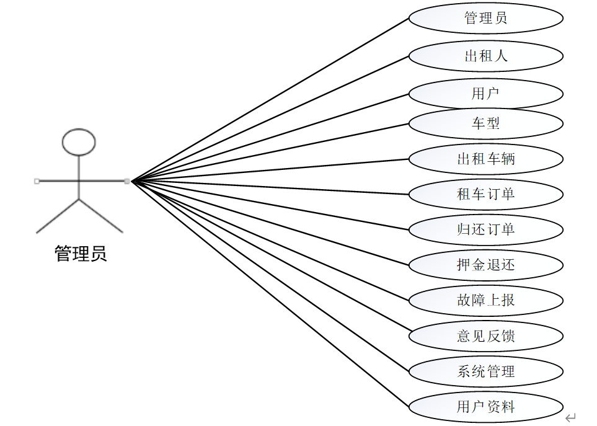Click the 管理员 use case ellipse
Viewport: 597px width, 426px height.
click(x=486, y=18)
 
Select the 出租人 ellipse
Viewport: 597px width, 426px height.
click(x=486, y=56)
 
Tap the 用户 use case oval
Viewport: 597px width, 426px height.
click(x=486, y=94)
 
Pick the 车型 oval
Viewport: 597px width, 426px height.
click(x=486, y=123)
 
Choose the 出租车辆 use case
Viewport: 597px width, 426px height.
click(x=486, y=159)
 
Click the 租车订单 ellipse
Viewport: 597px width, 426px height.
click(x=486, y=194)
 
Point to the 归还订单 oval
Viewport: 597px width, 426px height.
click(x=486, y=229)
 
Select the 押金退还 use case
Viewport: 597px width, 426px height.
click(x=486, y=265)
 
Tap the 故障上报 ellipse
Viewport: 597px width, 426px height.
click(x=486, y=301)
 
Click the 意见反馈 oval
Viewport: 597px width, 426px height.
click(x=486, y=336)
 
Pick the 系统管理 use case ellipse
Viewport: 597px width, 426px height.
click(x=486, y=371)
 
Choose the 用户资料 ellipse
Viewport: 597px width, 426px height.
click(x=486, y=407)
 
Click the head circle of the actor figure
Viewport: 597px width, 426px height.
click(x=79, y=142)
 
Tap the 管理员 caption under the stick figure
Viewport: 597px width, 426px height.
click(x=81, y=254)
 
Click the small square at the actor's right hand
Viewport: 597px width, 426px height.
click(x=127, y=181)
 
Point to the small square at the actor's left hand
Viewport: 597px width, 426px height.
click(x=37, y=181)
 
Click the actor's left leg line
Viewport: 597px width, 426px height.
click(x=58, y=216)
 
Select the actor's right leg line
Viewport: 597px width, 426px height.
click(x=101, y=216)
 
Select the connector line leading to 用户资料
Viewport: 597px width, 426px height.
click(x=270, y=294)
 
